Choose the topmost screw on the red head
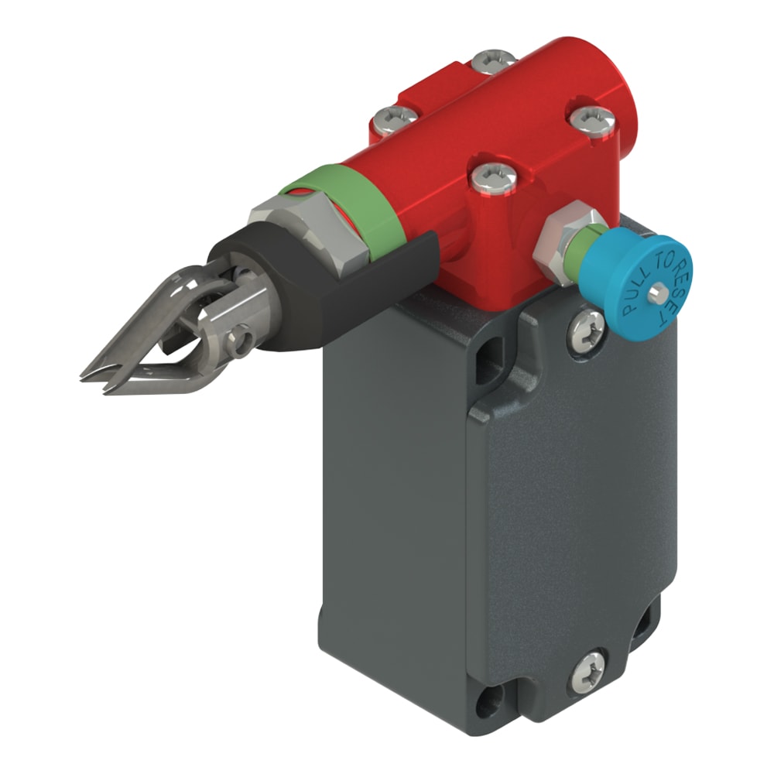tap(494, 60)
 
